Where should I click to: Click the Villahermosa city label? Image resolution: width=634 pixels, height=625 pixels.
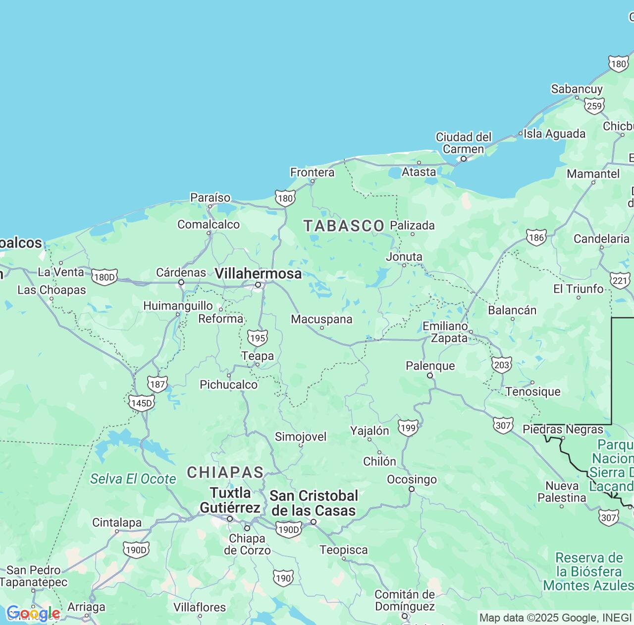click(x=258, y=273)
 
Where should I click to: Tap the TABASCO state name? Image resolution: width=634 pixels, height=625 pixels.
click(x=344, y=226)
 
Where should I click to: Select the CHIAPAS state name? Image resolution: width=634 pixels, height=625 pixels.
click(x=225, y=472)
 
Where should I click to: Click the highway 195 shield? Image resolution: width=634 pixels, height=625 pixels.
click(x=258, y=338)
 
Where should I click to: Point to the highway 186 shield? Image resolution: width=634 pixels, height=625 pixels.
click(x=536, y=237)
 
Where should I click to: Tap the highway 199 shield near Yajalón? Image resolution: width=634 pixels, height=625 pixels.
click(x=408, y=428)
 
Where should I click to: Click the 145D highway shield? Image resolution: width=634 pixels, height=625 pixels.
click(x=141, y=403)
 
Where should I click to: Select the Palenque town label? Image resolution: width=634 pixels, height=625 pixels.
click(x=430, y=366)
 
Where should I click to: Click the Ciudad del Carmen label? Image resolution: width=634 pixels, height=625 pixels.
click(x=464, y=143)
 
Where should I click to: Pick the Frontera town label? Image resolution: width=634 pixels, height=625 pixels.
click(x=312, y=172)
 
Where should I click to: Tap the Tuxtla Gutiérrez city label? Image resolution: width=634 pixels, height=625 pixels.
click(x=230, y=500)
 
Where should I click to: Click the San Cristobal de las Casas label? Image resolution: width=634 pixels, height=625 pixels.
click(x=314, y=503)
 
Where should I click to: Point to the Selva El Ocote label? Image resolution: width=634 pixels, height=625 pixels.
click(x=133, y=479)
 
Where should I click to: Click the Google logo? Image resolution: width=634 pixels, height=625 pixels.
click(x=33, y=614)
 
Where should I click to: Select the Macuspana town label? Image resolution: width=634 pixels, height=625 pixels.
click(x=321, y=319)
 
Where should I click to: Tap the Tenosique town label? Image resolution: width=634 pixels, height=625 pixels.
click(x=533, y=391)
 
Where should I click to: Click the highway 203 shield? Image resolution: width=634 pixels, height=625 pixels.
click(x=502, y=365)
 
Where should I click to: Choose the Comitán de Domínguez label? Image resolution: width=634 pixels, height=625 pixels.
click(x=405, y=600)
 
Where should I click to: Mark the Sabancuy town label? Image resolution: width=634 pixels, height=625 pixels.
click(x=577, y=89)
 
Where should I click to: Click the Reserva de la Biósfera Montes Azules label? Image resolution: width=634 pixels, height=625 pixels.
click(x=588, y=571)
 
